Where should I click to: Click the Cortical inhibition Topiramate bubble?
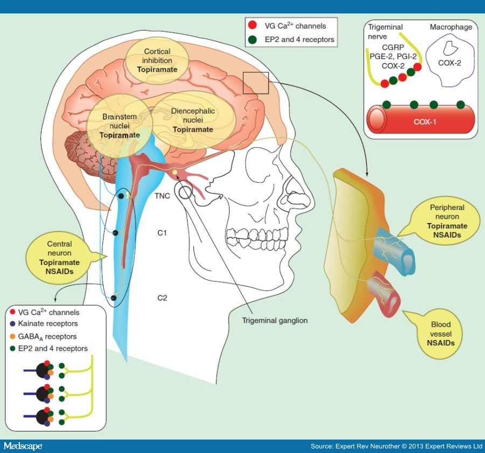[x=157, y=60]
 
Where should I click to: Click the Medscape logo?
[x=23, y=446]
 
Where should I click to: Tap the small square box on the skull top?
[x=254, y=83]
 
